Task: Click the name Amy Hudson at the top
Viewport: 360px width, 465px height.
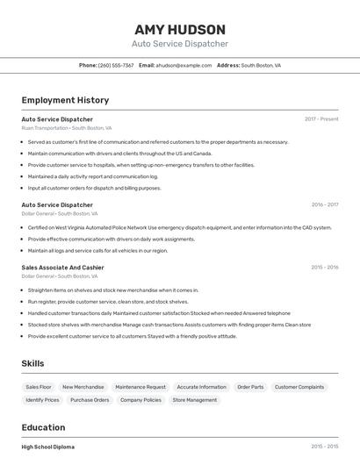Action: pyautogui.click(x=180, y=29)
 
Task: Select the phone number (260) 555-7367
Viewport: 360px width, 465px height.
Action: pyautogui.click(x=116, y=65)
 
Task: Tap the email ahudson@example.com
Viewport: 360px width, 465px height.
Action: pyautogui.click(x=184, y=65)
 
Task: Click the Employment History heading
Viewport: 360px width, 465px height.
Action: pyautogui.click(x=65, y=100)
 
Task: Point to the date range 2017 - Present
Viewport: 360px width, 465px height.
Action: pyautogui.click(x=321, y=119)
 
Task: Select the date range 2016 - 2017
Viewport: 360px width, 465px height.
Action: pyautogui.click(x=324, y=204)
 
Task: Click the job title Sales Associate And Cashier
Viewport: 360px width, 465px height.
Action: pyautogui.click(x=62, y=268)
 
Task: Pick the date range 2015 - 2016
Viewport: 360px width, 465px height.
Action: pyautogui.click(x=324, y=268)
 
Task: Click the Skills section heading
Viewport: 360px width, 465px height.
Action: pyautogui.click(x=32, y=363)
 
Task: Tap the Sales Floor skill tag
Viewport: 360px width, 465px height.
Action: pyautogui.click(x=39, y=387)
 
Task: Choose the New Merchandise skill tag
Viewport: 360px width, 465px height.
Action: pyautogui.click(x=83, y=387)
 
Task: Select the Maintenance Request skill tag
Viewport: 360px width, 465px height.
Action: pyautogui.click(x=140, y=387)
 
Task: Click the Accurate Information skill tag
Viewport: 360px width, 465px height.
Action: pyautogui.click(x=201, y=387)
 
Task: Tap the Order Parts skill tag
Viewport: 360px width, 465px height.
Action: pyautogui.click(x=250, y=387)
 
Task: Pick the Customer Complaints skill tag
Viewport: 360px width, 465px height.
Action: pyautogui.click(x=299, y=387)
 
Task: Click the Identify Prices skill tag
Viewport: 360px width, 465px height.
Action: pyautogui.click(x=42, y=400)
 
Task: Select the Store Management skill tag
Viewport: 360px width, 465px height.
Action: pyautogui.click(x=194, y=400)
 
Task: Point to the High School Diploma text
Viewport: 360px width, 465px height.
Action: pyautogui.click(x=48, y=447)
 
